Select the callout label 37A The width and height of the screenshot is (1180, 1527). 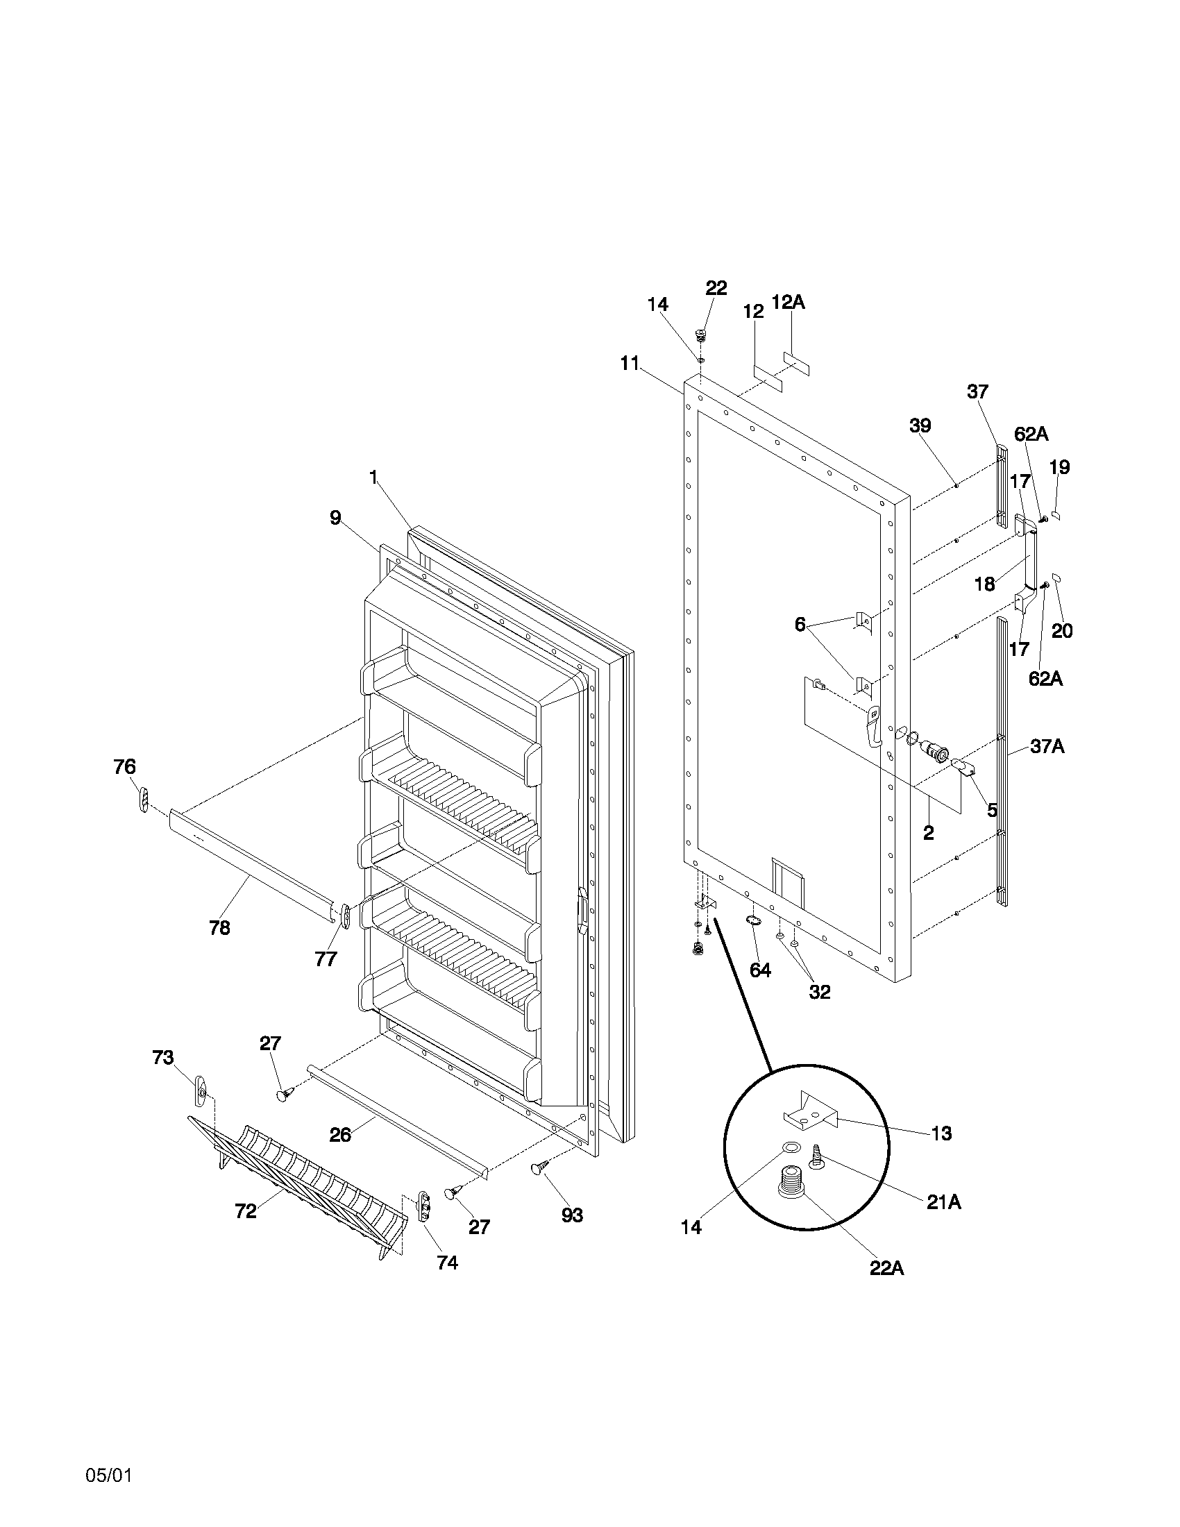click(1047, 747)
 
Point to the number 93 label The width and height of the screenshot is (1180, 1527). click(572, 1215)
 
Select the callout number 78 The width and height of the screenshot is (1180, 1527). click(219, 928)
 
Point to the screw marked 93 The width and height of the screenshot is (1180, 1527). click(541, 1166)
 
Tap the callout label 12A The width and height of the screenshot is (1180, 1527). click(788, 302)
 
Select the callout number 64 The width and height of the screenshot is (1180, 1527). click(760, 970)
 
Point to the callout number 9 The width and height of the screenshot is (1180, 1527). click(335, 517)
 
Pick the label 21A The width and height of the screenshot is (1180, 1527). click(944, 1202)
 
